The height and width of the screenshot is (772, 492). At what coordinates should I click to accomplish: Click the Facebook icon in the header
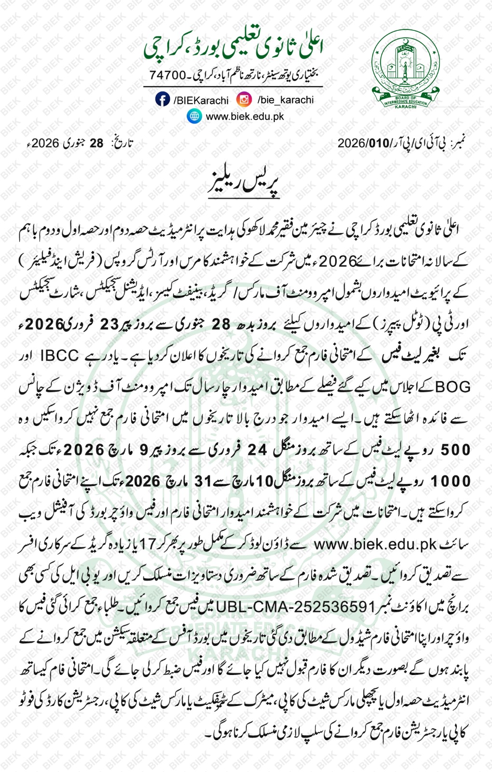163,99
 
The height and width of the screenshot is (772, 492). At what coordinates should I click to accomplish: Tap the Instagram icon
244,99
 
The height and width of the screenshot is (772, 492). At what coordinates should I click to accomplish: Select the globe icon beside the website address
194,116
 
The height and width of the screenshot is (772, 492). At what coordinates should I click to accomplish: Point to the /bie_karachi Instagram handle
286,100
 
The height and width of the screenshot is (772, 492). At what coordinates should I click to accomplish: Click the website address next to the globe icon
245,117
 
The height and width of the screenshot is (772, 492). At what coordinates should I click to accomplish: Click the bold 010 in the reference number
379,143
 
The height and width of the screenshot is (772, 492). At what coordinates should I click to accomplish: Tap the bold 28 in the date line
96,143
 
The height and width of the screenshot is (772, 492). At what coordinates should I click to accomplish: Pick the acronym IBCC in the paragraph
59,356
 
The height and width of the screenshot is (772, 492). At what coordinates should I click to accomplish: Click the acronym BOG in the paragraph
453,387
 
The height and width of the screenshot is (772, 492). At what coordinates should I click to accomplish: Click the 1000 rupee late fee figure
450,481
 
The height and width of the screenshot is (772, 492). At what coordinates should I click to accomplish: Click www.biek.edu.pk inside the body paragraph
375,544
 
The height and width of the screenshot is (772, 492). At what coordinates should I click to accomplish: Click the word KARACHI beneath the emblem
405,107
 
